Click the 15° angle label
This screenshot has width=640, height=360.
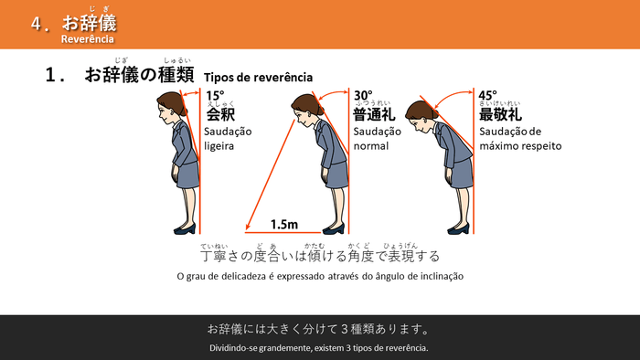pos(215,95)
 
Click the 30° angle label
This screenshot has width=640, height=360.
pos(363,95)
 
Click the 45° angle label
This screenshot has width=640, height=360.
pos(487,95)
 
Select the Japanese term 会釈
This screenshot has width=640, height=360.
pos(220,114)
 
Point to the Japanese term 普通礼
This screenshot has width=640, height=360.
pos(373,114)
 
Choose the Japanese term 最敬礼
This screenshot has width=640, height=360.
pos(500,114)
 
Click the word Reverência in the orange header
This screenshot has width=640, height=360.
pos(87,39)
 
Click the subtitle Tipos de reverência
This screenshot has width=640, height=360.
pos(259,78)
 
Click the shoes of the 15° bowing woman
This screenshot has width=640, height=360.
pos(184,228)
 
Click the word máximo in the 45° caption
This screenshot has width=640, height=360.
pos(499,145)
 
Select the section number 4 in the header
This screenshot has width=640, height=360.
pos(36,25)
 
